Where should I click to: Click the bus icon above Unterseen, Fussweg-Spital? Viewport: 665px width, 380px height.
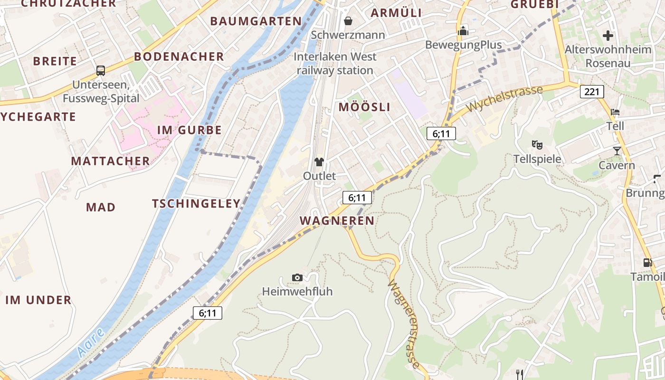pos(101,71)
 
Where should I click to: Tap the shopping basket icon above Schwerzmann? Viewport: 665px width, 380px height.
pos(348,21)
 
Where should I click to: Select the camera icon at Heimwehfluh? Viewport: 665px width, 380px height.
pos(297,277)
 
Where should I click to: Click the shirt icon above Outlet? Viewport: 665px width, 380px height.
pos(319,162)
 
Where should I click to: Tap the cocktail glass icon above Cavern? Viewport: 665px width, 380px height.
pos(617,151)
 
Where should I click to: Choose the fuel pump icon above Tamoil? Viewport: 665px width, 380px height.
pos(647,262)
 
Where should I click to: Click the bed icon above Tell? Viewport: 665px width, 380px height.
pos(615,113)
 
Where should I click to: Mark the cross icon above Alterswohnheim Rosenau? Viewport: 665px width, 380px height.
pos(608,36)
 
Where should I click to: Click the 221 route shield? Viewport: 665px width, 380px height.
pos(592,91)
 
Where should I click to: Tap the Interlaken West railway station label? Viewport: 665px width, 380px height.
pos(335,64)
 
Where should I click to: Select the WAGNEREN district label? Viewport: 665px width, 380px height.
pos(337,220)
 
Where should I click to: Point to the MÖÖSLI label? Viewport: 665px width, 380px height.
pos(364,107)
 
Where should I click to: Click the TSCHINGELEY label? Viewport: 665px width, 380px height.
pos(196,204)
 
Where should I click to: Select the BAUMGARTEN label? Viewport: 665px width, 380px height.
pos(256,21)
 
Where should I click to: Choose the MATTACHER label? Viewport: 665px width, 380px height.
pos(111,161)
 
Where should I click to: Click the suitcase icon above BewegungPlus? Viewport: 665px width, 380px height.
pos(463,31)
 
